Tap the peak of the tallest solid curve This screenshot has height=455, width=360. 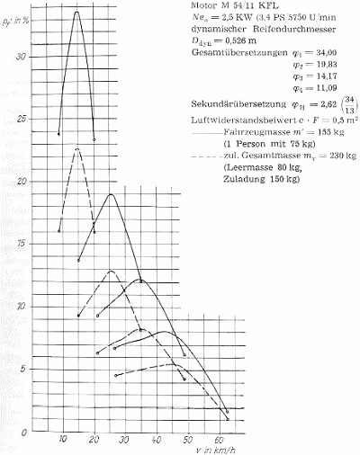(76, 12)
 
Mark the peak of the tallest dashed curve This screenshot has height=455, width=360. (78, 147)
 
